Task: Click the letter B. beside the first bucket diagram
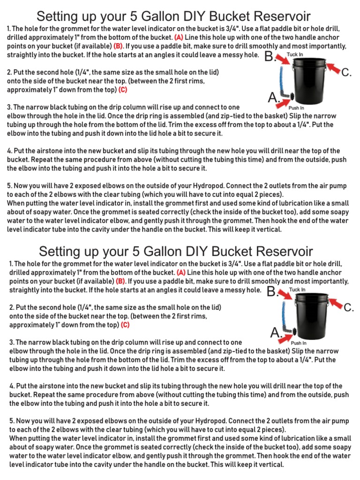pyautogui.click(x=271, y=57)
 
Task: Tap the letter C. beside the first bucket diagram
pyautogui.click(x=346, y=72)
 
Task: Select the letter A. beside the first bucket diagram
pyautogui.click(x=274, y=98)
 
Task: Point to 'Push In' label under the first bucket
pyautogui.click(x=297, y=108)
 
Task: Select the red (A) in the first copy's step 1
pyautogui.click(x=179, y=37)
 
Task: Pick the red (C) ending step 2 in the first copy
pyautogui.click(x=122, y=90)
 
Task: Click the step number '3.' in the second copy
pyautogui.click(x=12, y=343)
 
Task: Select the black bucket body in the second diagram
pyautogui.click(x=310, y=314)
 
